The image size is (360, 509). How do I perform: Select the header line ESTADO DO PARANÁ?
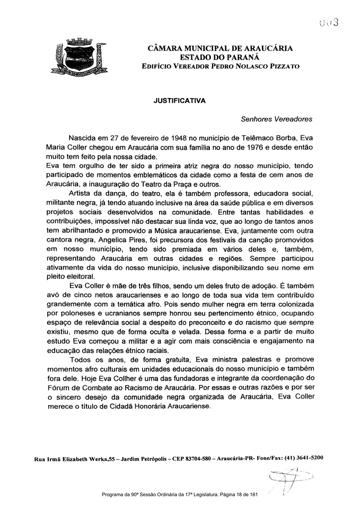pos(216,57)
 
